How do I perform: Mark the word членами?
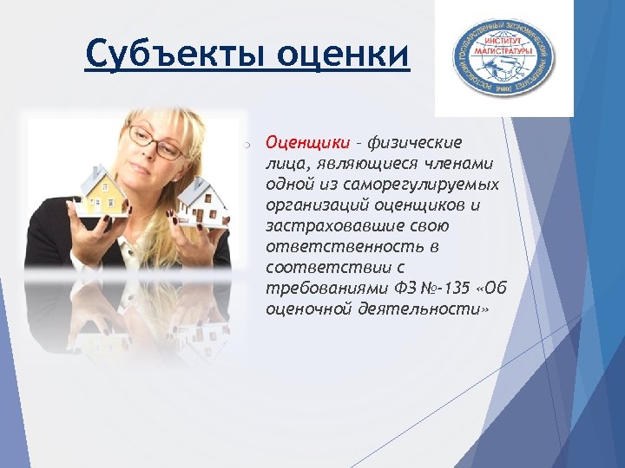point(464,163)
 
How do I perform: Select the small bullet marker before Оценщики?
point(247,143)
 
